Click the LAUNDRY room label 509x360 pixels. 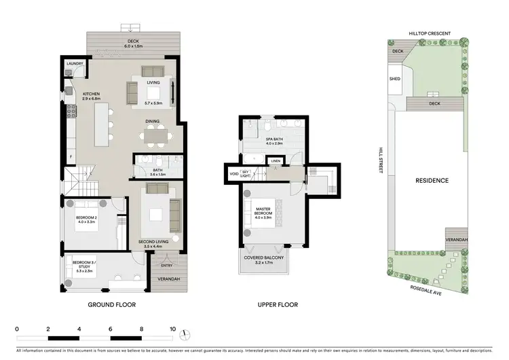pos(75,64)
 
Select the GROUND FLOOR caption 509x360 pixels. pos(112,305)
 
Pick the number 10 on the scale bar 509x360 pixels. pos(173,328)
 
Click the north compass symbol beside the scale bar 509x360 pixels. pos(185,333)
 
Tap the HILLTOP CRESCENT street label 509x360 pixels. pos(430,33)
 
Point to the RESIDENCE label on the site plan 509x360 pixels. pos(432,181)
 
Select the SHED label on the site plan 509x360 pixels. pos(395,78)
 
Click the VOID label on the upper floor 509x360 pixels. pos(234,174)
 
